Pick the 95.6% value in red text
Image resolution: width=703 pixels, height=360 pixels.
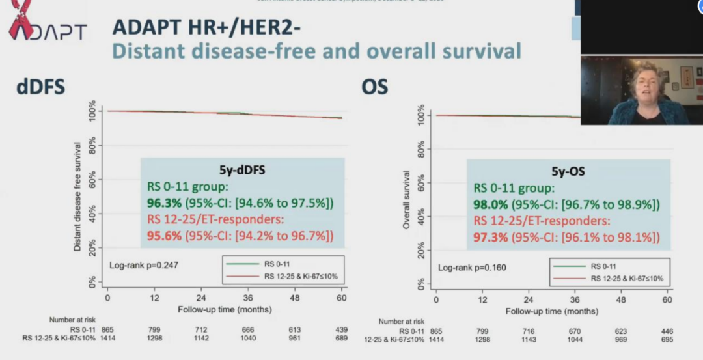[163, 234]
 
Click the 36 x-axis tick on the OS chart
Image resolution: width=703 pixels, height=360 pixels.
[574, 299]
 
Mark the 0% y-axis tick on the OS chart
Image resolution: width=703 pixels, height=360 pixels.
[420, 284]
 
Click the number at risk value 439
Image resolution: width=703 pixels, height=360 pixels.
[341, 329]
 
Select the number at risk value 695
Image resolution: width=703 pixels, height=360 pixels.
[667, 340]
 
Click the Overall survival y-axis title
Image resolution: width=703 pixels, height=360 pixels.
[406, 199]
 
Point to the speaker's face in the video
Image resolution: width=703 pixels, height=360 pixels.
[644, 85]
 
